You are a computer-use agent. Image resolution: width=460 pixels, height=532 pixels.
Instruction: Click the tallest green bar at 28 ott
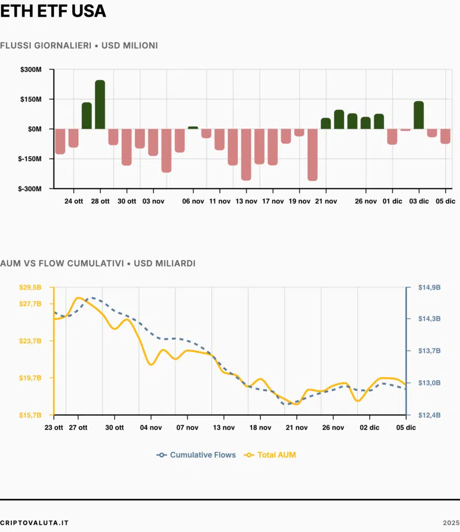(x=100, y=104)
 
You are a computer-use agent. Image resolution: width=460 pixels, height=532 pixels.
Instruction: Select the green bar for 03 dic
(x=418, y=115)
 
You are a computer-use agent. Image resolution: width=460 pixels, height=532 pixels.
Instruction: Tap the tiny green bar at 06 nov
(x=193, y=127)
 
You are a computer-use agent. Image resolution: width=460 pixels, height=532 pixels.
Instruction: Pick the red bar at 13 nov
(x=246, y=154)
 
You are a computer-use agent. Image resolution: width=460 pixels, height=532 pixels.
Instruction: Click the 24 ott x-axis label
(x=74, y=201)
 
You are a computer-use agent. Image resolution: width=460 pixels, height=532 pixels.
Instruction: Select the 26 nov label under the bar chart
(x=366, y=201)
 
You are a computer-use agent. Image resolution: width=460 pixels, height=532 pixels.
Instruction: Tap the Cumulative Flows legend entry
(x=197, y=455)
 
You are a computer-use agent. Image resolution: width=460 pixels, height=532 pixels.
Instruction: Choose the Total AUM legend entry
(x=270, y=455)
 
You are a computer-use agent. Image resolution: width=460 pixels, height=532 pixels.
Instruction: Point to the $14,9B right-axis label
(x=429, y=287)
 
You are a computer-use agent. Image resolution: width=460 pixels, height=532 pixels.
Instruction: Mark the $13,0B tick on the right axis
(x=429, y=383)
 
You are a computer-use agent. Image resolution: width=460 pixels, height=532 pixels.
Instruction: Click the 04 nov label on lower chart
(x=151, y=428)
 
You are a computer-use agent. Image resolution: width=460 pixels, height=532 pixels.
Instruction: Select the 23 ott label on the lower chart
(x=55, y=428)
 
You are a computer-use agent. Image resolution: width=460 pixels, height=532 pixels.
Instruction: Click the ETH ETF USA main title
(x=53, y=11)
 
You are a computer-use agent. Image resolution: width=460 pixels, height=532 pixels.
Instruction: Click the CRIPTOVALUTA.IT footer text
(x=34, y=522)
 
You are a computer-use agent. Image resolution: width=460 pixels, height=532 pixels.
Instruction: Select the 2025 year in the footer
(x=451, y=522)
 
